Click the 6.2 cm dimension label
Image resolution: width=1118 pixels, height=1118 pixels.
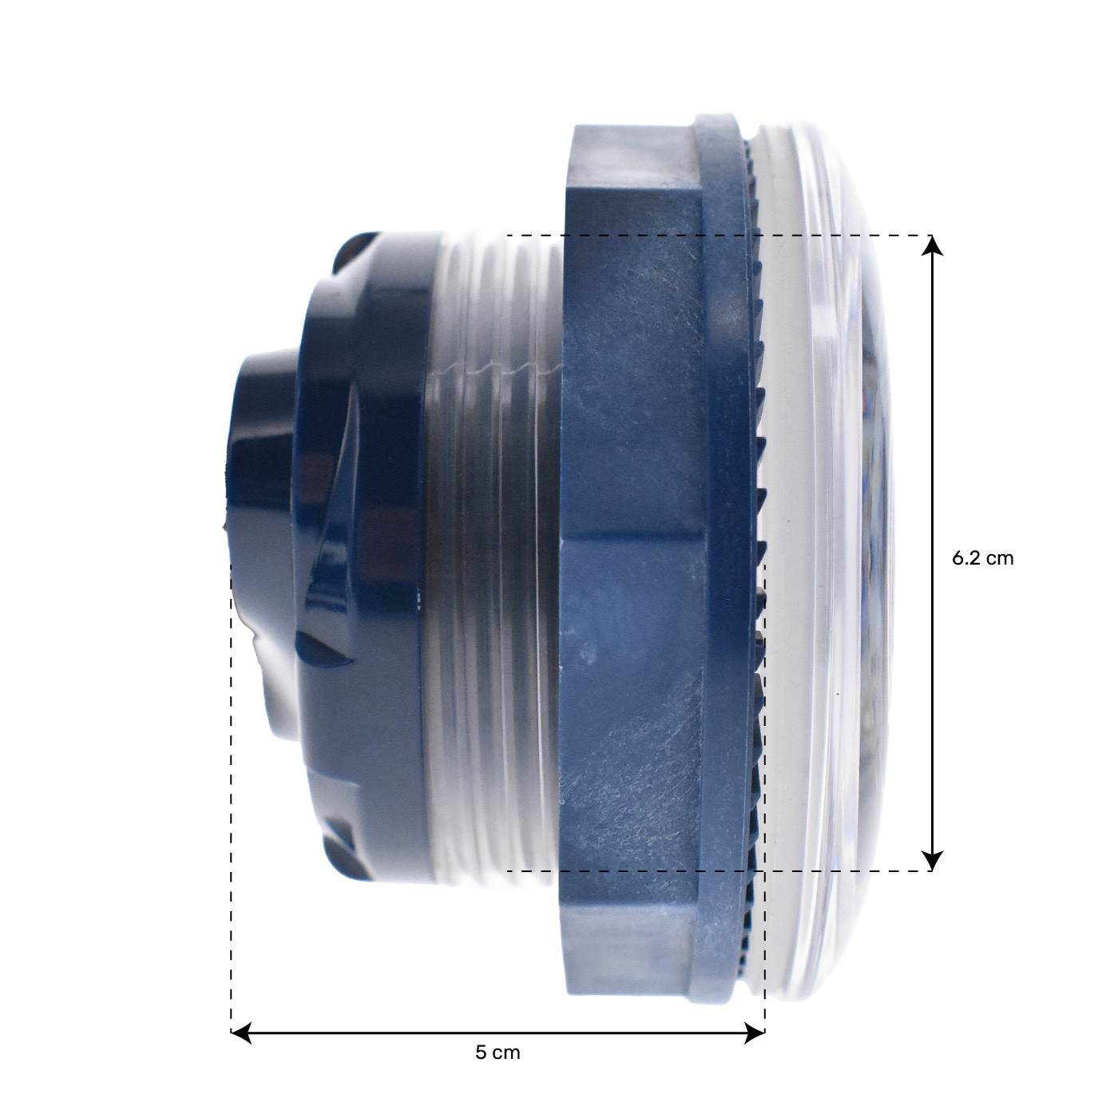pyautogui.click(x=982, y=558)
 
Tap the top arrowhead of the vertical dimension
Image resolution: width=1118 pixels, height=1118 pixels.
pyautogui.click(x=932, y=245)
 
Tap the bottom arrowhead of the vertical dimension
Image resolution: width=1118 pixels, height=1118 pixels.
pyautogui.click(x=932, y=861)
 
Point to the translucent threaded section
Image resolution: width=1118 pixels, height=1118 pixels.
pyautogui.click(x=494, y=557)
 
